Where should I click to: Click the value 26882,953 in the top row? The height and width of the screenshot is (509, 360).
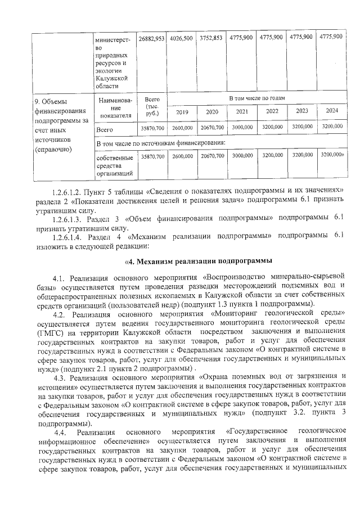[x=151, y=38]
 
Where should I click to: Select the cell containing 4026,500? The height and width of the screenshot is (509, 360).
[x=182, y=38]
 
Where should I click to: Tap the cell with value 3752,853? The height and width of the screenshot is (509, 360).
[x=211, y=38]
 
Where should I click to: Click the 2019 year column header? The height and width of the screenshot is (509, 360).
[x=182, y=111]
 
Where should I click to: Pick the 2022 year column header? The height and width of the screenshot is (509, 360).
[x=272, y=111]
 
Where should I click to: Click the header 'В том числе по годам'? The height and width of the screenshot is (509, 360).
[x=256, y=98]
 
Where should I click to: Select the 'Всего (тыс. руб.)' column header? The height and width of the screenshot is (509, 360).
[x=152, y=106]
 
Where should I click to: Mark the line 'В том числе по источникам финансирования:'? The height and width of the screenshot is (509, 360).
[x=161, y=143]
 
